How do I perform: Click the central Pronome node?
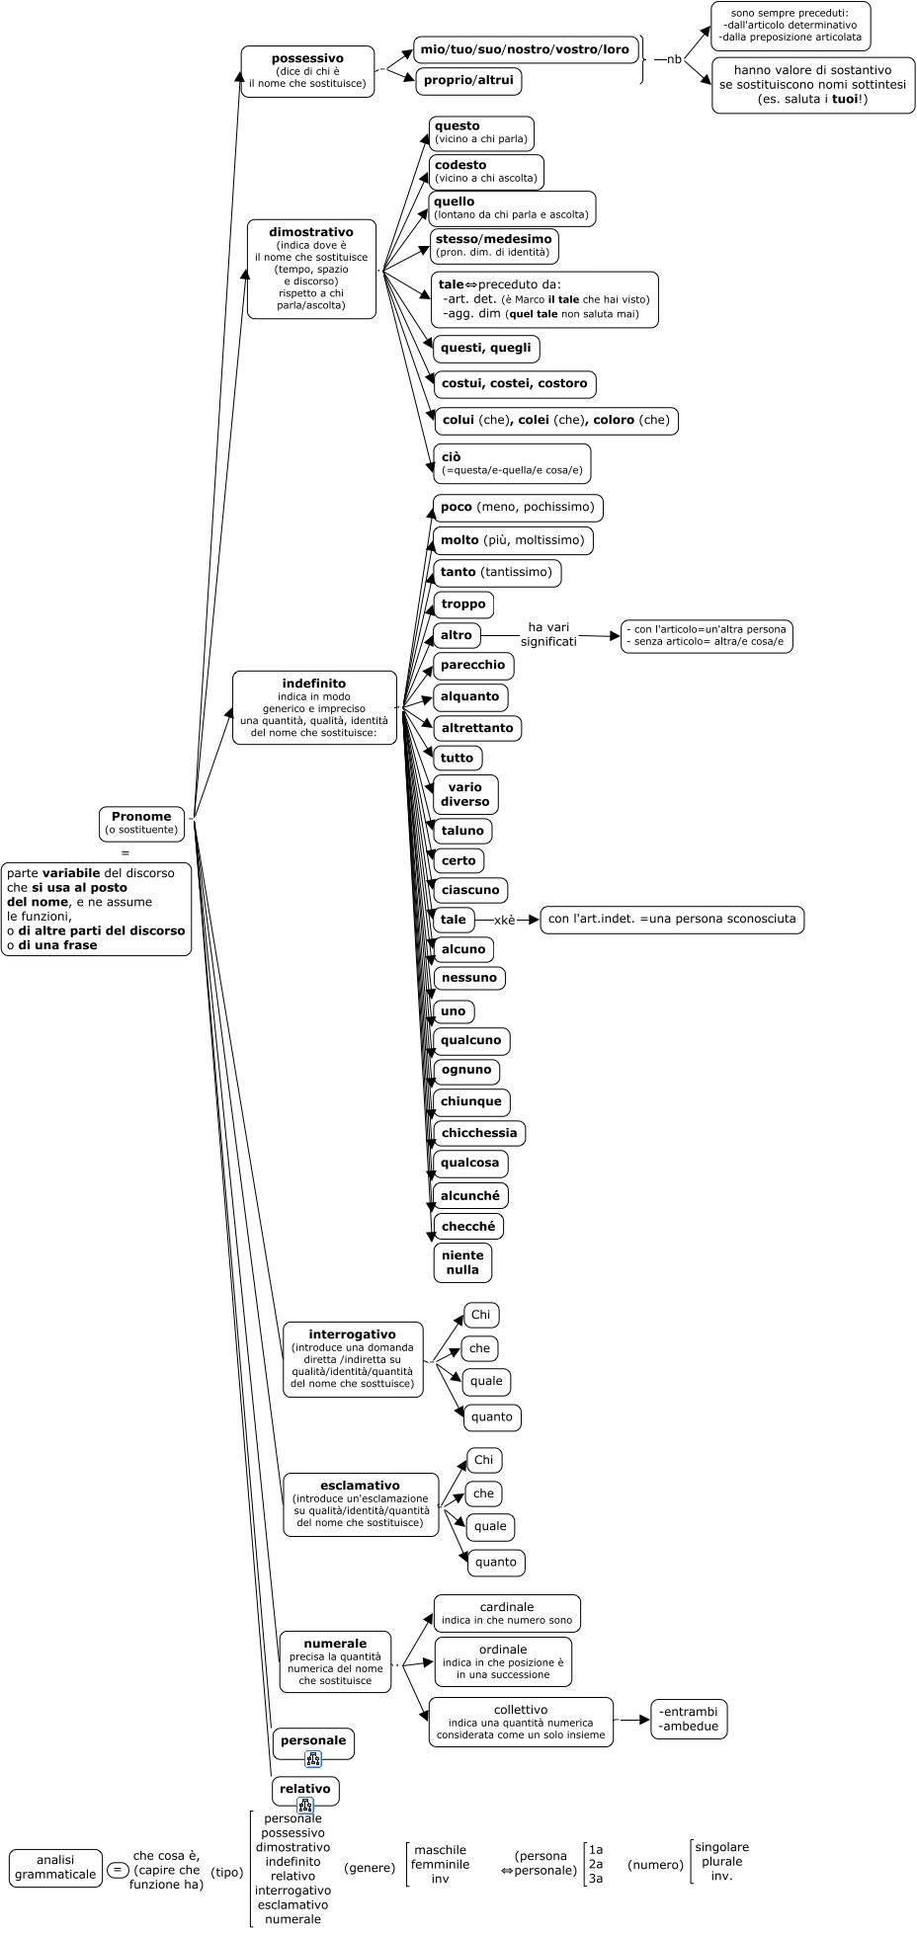pyautogui.click(x=141, y=823)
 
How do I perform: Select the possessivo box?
pyautogui.click(x=307, y=71)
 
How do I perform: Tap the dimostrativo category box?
pyautogui.click(x=311, y=269)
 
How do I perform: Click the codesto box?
pyautogui.click(x=485, y=172)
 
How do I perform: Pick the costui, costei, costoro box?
pyautogui.click(x=514, y=383)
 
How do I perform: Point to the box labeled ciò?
pyautogui.click(x=512, y=463)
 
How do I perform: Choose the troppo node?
pyautogui.click(x=463, y=604)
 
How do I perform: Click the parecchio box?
pyautogui.click(x=473, y=665)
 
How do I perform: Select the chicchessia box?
pyautogui.click(x=479, y=1133)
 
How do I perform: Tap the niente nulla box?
pyautogui.click(x=462, y=1262)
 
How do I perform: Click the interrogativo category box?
pyautogui.click(x=353, y=1359)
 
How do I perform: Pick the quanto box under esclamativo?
pyautogui.click(x=496, y=1562)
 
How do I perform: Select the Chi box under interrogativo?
pyautogui.click(x=481, y=1315)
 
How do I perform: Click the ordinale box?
pyautogui.click(x=503, y=1661)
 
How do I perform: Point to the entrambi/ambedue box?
pyautogui.click(x=689, y=1719)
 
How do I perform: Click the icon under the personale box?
pyautogui.click(x=313, y=1758)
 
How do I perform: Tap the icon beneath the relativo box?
pyautogui.click(x=305, y=1806)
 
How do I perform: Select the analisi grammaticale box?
pyautogui.click(x=55, y=1867)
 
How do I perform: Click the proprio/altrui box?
pyautogui.click(x=468, y=80)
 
